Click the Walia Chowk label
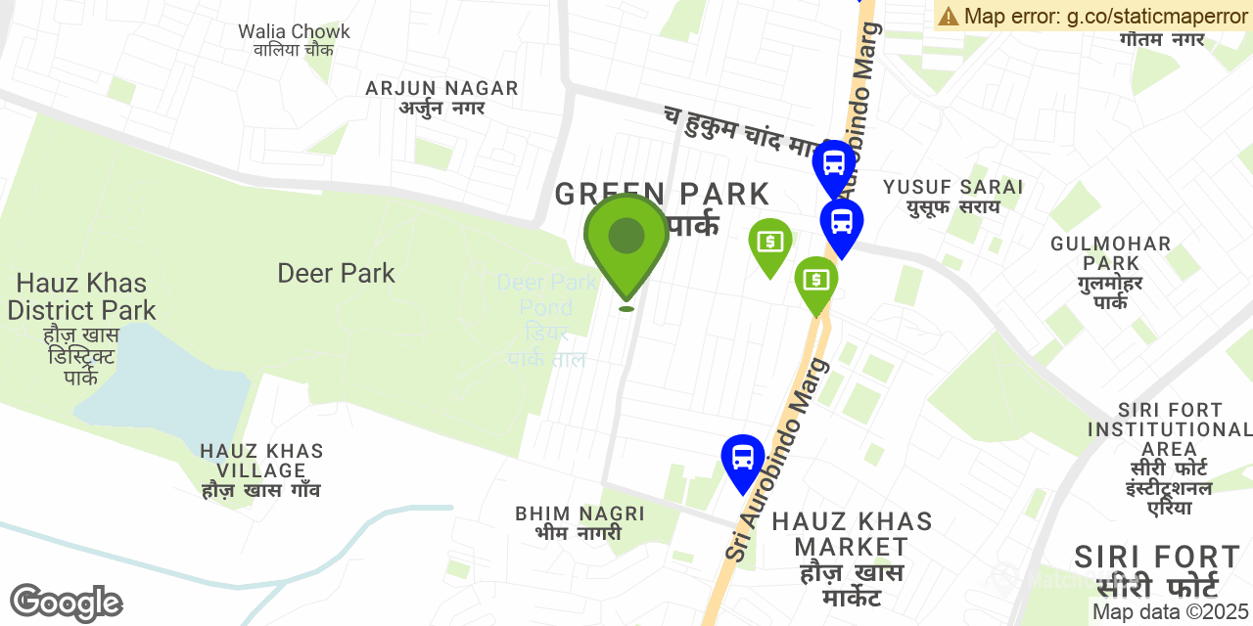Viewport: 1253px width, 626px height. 294,40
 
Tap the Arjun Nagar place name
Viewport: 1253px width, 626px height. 441,97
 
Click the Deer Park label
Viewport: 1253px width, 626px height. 336,273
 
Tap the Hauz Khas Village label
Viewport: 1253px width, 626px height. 261,470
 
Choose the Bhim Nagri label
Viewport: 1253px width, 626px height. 580,522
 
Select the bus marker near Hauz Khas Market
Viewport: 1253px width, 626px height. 742,460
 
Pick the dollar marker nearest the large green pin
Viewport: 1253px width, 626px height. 770,244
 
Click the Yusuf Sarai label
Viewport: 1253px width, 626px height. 952,196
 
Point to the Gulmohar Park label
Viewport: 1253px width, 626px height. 1111,272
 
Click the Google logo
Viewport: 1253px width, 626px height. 66,603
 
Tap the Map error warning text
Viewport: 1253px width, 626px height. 1092,16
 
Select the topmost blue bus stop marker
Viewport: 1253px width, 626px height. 834,165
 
